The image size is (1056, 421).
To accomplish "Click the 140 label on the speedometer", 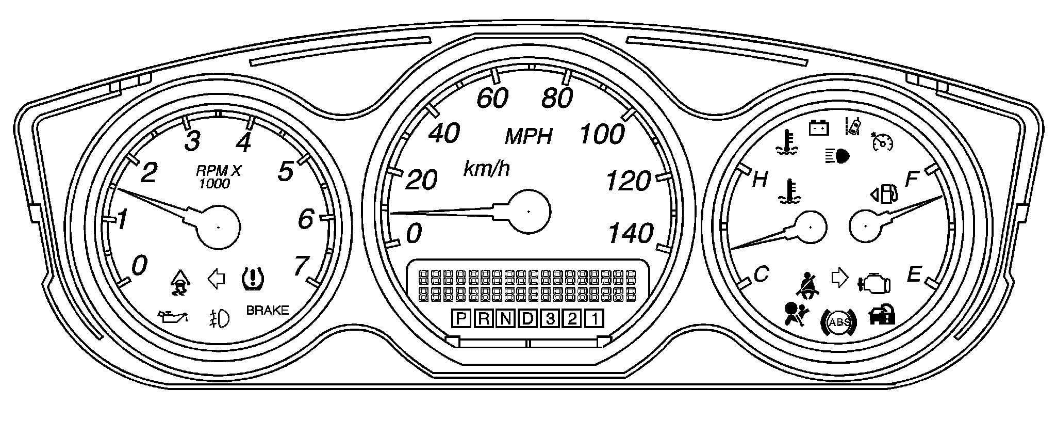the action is pyautogui.click(x=631, y=234).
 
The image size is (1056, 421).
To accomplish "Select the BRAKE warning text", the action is pyautogui.click(x=267, y=311).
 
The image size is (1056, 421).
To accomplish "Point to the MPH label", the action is pyautogui.click(x=529, y=137).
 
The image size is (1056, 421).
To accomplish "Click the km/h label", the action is pyautogui.click(x=487, y=169).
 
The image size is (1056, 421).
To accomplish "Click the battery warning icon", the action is pyautogui.click(x=818, y=127).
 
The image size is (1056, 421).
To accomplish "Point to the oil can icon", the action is pyautogui.click(x=173, y=316).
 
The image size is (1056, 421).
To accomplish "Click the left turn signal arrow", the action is pyautogui.click(x=217, y=279).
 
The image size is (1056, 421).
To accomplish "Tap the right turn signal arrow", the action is pyautogui.click(x=839, y=278).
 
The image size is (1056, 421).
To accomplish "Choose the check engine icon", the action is pyautogui.click(x=874, y=282).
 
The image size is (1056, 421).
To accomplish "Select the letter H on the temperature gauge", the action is pyautogui.click(x=761, y=180).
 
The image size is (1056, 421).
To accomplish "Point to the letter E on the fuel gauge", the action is pyautogui.click(x=913, y=274).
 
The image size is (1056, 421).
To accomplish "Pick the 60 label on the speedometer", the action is pyautogui.click(x=493, y=98).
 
